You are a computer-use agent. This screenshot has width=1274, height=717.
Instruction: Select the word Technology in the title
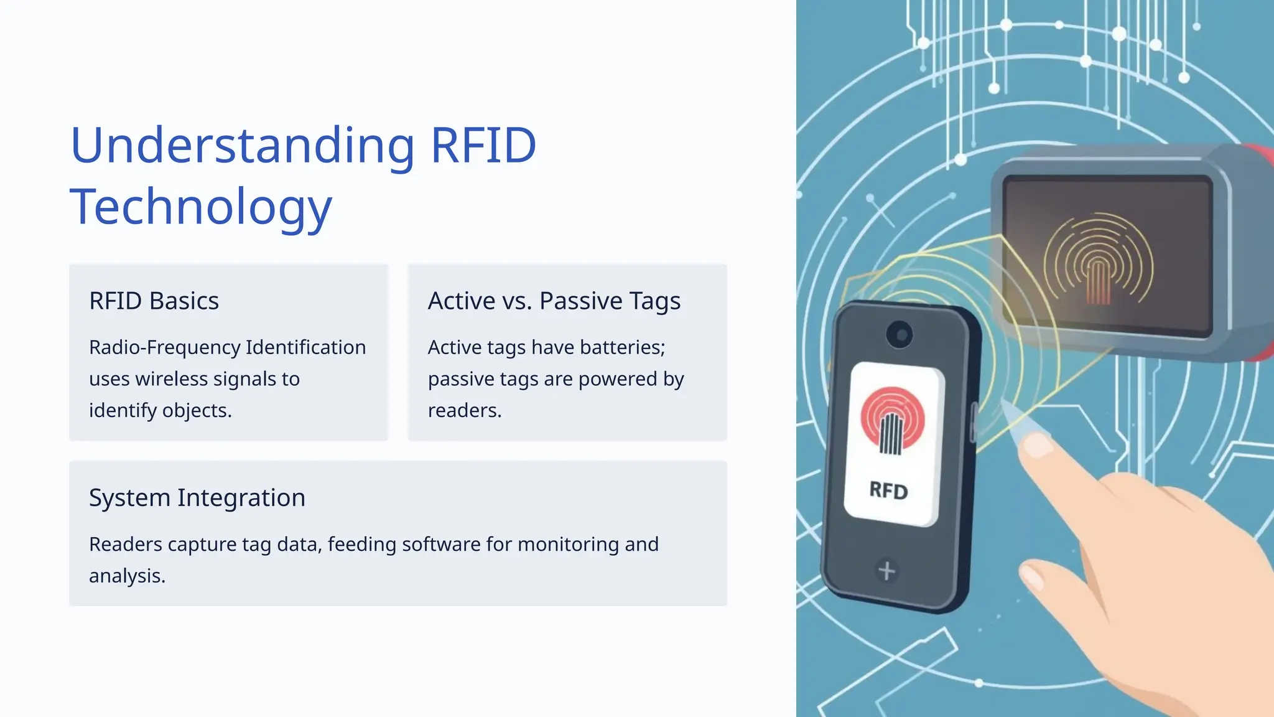pyautogui.click(x=201, y=207)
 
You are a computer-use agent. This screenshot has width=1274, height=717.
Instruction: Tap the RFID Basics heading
pyautogui.click(x=154, y=301)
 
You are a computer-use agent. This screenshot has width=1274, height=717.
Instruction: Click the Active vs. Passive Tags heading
pyautogui.click(x=554, y=301)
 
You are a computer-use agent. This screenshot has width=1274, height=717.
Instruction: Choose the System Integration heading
pyautogui.click(x=197, y=498)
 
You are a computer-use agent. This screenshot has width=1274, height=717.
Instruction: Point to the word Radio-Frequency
pyautogui.click(x=164, y=347)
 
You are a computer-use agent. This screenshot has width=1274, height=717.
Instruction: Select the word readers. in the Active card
pyautogui.click(x=464, y=411)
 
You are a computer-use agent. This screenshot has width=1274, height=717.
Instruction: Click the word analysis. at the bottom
pyautogui.click(x=127, y=576)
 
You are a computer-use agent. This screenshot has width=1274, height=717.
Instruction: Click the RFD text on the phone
pyautogui.click(x=888, y=491)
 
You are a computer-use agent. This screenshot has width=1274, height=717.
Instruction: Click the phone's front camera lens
pyautogui.click(x=899, y=335)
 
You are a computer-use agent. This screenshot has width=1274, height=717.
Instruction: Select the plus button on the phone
pyautogui.click(x=886, y=570)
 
